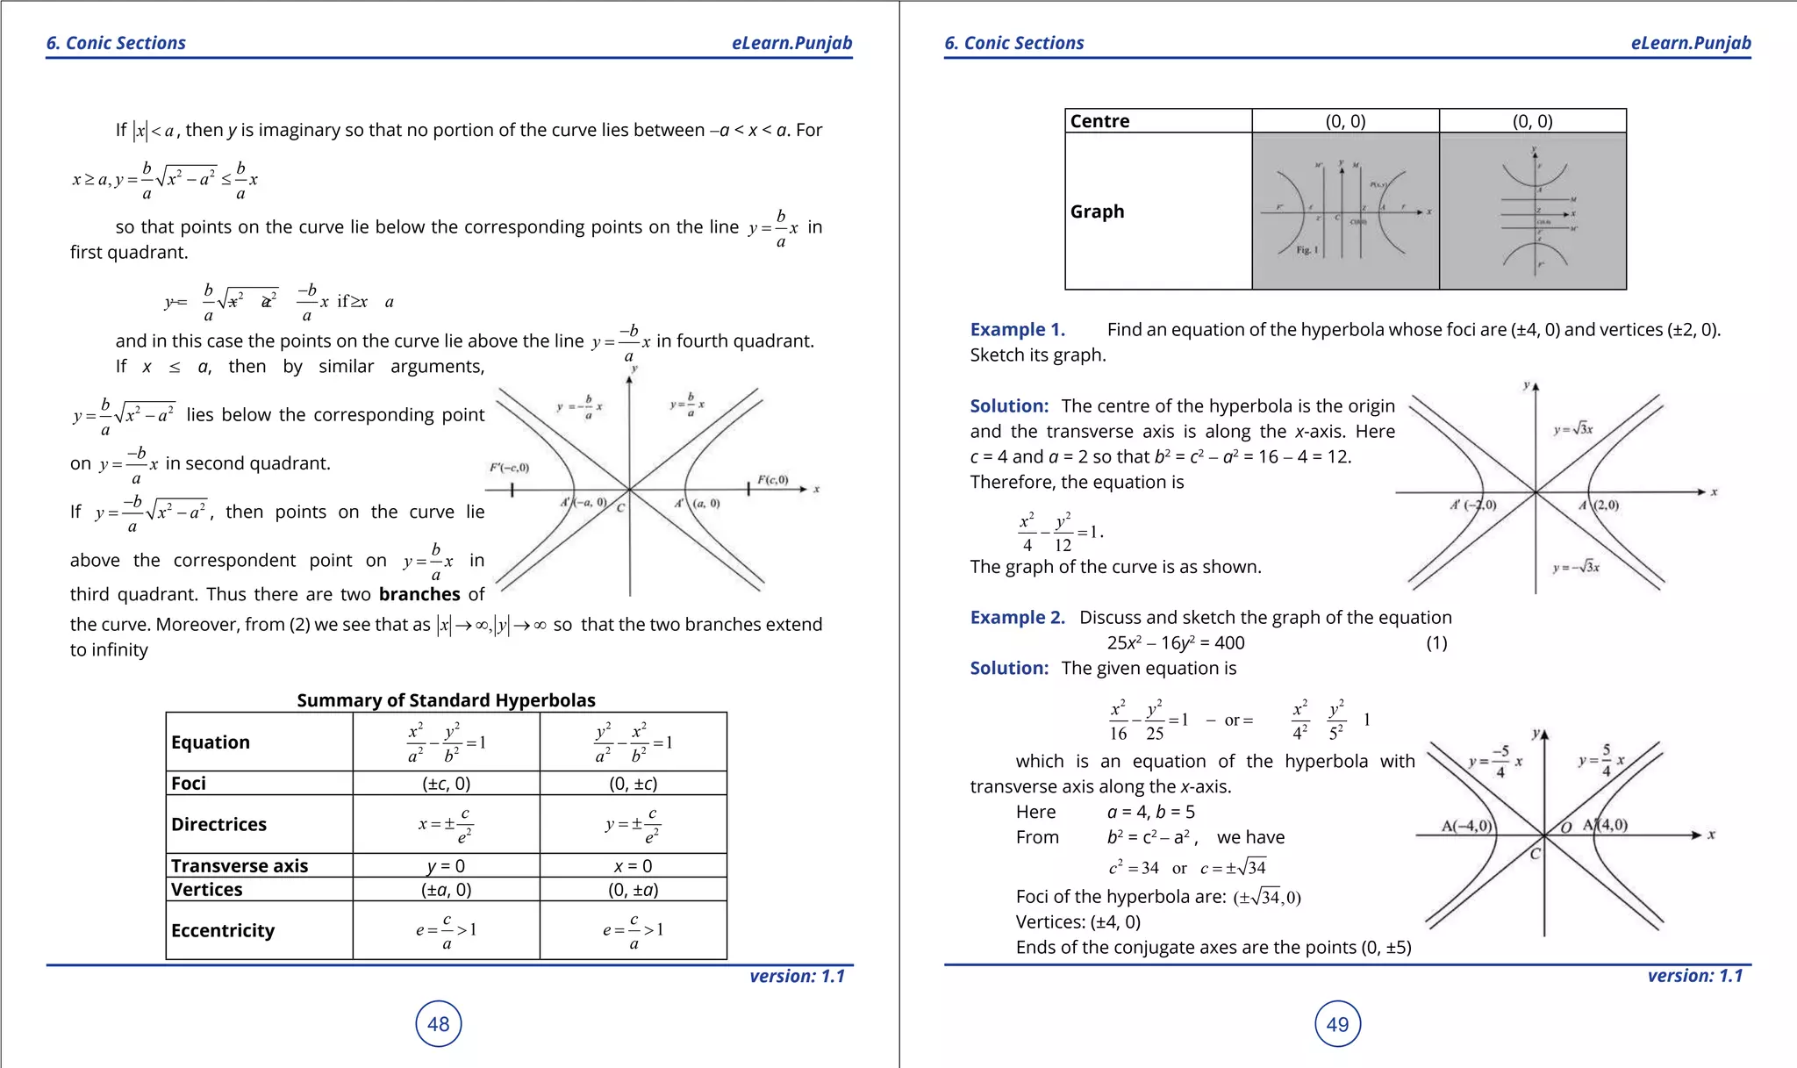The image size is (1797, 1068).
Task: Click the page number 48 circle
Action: (x=438, y=1023)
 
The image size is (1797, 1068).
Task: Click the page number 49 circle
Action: (x=1337, y=1023)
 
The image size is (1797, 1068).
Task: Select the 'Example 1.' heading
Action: (x=1017, y=330)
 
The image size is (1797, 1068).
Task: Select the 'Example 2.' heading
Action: (x=1017, y=618)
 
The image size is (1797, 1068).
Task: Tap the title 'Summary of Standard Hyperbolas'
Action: (x=446, y=700)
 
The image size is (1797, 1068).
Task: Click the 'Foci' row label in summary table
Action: (x=189, y=784)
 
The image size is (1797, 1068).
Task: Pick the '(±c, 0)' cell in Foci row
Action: (x=446, y=784)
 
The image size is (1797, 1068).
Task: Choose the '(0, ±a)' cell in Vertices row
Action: (x=633, y=890)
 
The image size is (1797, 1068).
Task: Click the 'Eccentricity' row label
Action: (x=223, y=930)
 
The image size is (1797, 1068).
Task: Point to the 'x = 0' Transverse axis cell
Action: (x=633, y=866)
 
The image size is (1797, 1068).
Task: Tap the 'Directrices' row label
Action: (x=218, y=824)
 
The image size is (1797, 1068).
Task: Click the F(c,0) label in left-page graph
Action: (x=773, y=480)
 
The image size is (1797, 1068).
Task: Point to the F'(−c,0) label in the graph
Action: (x=509, y=468)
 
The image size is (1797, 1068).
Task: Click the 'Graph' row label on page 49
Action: (x=1097, y=211)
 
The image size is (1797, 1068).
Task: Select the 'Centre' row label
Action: (x=1099, y=121)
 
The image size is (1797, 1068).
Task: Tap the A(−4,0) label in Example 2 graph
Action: (x=1466, y=826)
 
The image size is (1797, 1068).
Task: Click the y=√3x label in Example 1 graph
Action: (x=1573, y=429)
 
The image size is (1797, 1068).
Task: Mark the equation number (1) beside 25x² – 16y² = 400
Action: (x=1436, y=643)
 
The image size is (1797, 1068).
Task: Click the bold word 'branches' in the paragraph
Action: (x=419, y=594)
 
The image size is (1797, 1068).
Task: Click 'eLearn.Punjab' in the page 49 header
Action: (x=1690, y=43)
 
